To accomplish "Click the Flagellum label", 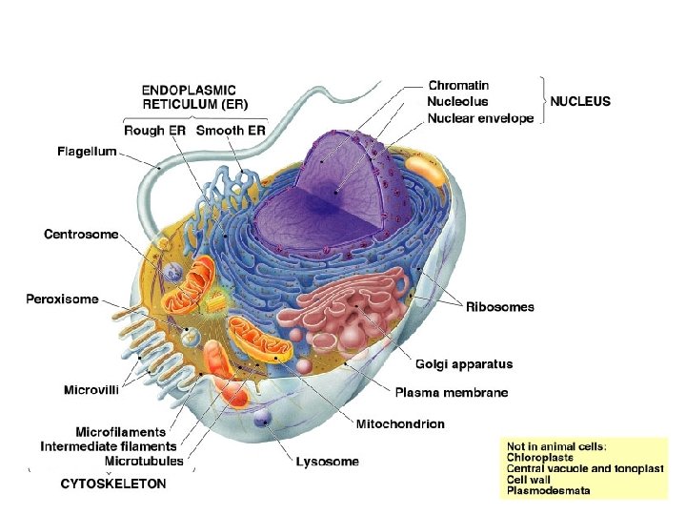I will tap(86, 152).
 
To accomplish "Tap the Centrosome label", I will tap(81, 234).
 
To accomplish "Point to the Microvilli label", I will tap(91, 389).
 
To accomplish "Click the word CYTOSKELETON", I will tap(112, 484).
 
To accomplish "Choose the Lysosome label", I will tap(327, 462).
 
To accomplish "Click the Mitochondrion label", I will tap(400, 423).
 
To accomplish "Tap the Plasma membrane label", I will tap(452, 393).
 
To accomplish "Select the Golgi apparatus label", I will tap(464, 363).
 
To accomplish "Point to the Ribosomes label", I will tap(499, 307).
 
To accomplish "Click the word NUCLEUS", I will tap(580, 101).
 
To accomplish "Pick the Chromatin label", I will tap(458, 85).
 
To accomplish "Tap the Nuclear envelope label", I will tap(480, 118).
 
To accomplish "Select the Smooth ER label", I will tap(232, 130).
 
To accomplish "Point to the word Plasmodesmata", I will tap(548, 491).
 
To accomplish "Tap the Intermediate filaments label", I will tap(109, 445).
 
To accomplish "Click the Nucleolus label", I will tap(457, 101).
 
